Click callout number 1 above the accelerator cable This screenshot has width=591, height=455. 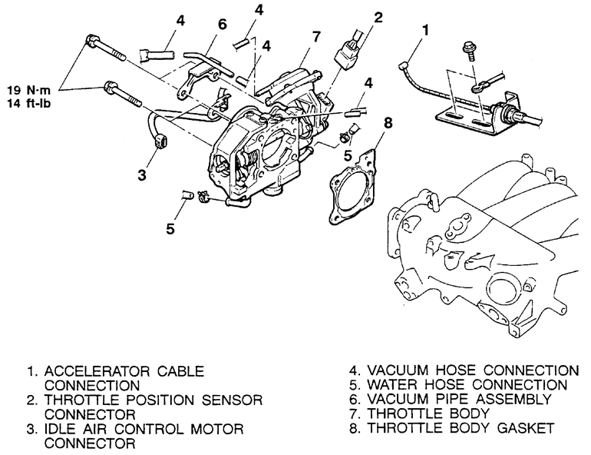425,30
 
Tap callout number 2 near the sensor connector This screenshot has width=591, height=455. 378,18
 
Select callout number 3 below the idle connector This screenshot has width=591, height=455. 142,174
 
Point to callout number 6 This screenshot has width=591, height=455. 223,24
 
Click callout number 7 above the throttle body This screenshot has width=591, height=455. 316,37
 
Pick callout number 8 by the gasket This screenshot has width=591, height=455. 388,123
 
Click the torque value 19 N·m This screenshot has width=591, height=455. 28,90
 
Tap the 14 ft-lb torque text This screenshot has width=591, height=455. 28,104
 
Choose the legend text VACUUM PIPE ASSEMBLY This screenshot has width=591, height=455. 460,399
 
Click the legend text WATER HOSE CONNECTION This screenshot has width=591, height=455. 467,385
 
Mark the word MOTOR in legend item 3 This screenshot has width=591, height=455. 217,430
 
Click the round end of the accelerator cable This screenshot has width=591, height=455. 401,67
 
